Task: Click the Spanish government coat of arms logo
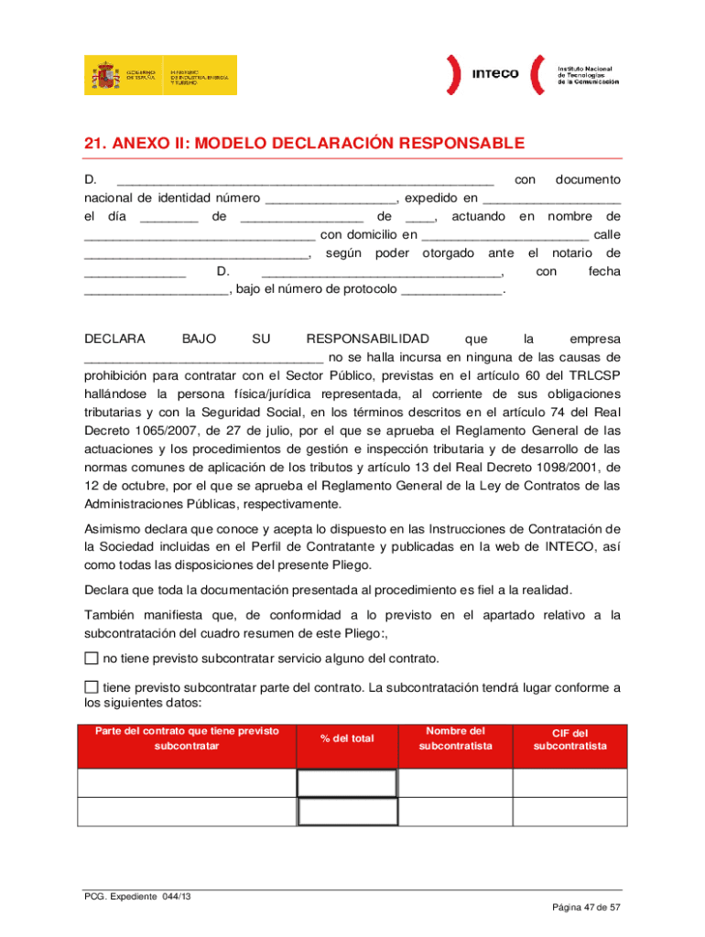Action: [x=102, y=75]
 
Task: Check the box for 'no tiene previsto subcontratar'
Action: [x=91, y=659]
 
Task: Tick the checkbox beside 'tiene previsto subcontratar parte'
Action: [x=91, y=687]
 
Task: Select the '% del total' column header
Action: [x=347, y=738]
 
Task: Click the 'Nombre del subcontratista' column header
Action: [x=455, y=738]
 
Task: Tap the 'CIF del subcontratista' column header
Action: [x=569, y=739]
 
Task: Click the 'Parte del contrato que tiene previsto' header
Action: [x=187, y=731]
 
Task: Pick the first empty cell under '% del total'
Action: [x=347, y=783]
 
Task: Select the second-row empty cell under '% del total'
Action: [x=347, y=812]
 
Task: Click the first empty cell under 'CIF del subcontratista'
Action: [x=569, y=783]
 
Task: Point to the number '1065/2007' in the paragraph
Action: [x=151, y=430]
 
